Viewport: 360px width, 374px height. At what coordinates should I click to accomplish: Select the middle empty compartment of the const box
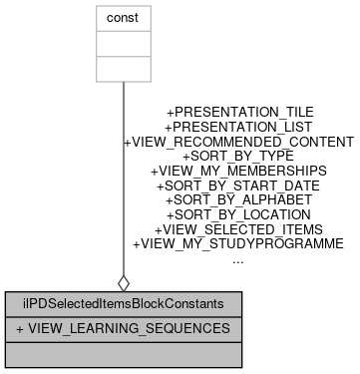pyautogui.click(x=123, y=44)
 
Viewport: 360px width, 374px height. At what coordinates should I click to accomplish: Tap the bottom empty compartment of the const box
pyautogui.click(x=123, y=69)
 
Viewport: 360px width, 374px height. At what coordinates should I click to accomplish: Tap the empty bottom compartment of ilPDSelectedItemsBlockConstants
pyautogui.click(x=123, y=353)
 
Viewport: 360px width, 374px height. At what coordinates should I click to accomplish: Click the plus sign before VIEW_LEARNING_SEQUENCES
pyautogui.click(x=20, y=328)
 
